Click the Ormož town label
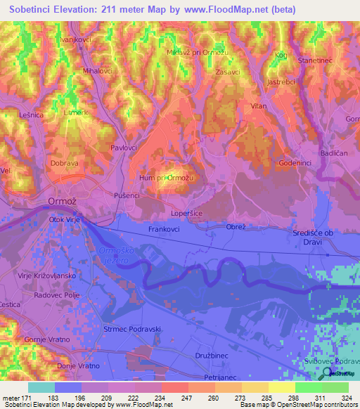60,202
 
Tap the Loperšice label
187,212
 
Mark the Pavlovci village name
123,148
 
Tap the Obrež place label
236,226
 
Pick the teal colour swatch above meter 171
41,387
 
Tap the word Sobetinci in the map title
34,10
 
